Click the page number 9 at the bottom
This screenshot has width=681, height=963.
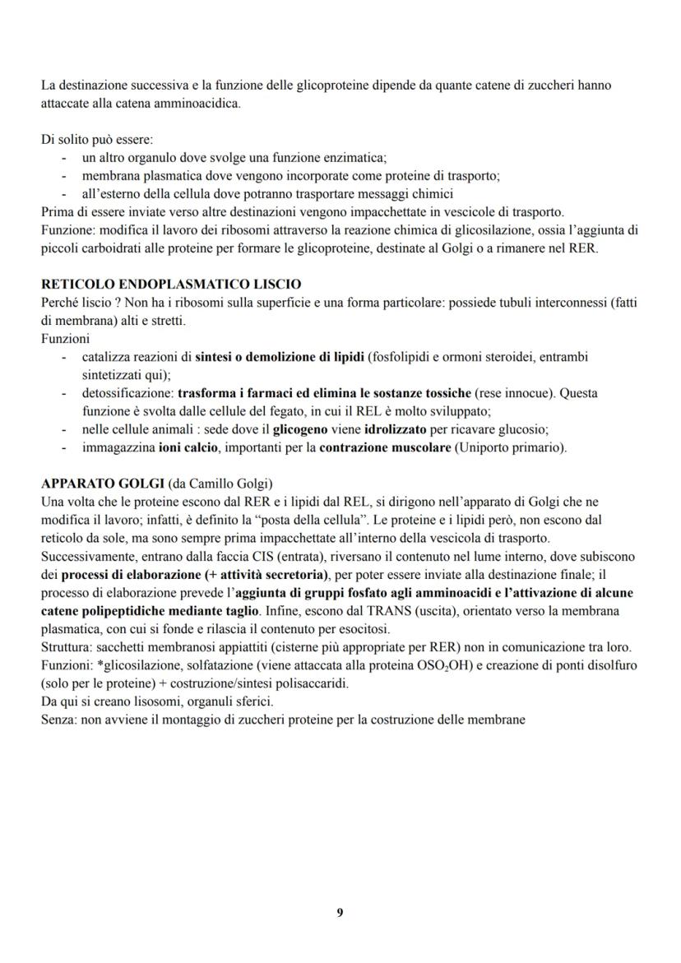tap(340, 913)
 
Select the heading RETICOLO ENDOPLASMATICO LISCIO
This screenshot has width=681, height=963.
tap(171, 285)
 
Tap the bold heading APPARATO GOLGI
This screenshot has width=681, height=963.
tap(101, 482)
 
